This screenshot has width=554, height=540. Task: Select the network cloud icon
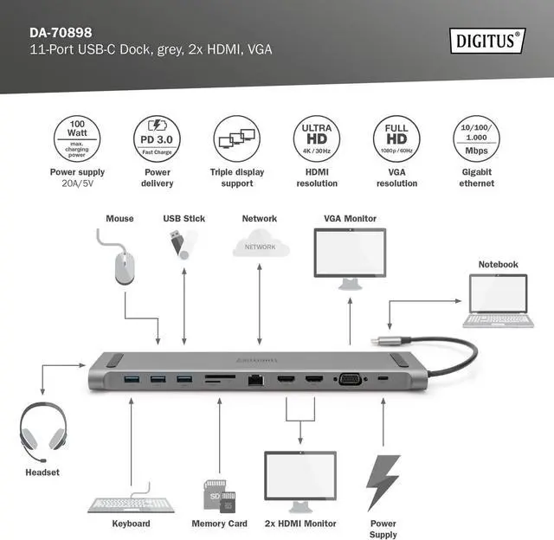[260, 246]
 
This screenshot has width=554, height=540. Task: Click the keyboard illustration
[131, 503]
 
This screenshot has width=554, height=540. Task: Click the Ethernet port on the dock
[257, 379]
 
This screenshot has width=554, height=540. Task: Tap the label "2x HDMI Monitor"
[300, 524]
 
